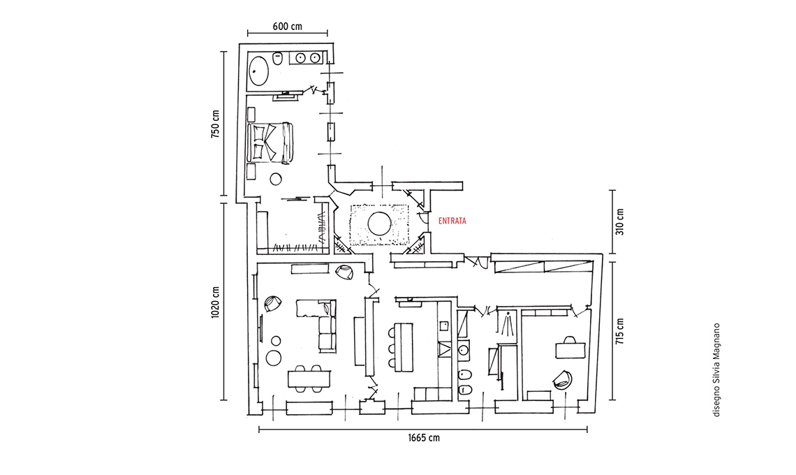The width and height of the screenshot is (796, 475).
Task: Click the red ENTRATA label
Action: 452,221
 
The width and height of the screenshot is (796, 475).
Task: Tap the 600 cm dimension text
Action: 287,27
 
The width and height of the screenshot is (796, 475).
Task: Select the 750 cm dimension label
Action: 216,124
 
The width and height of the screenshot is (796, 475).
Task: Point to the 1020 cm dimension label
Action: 216,301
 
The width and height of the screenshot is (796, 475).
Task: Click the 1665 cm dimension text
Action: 424,438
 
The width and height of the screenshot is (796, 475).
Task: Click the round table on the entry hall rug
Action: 379,224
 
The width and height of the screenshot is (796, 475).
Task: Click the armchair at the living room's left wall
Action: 273,304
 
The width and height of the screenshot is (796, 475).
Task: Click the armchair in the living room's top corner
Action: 345,272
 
